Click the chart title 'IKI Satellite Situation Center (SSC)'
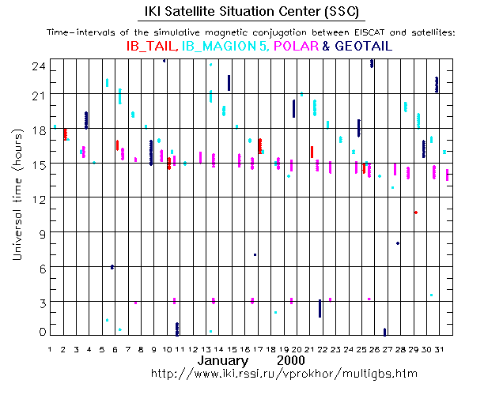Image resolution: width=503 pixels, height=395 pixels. (251, 13)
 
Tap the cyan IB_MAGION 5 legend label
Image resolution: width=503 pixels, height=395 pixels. (223, 47)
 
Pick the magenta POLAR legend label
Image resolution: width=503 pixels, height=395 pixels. (296, 47)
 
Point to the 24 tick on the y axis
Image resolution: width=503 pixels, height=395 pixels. (37, 68)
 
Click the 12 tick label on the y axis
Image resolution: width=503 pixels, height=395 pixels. (37, 197)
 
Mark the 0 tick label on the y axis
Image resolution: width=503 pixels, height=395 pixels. (40, 333)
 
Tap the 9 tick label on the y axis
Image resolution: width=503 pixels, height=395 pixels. (40, 232)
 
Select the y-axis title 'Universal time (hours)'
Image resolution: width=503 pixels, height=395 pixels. (16, 195)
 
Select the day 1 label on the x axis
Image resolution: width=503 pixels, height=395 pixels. (50, 348)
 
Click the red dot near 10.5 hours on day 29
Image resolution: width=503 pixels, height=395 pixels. (415, 213)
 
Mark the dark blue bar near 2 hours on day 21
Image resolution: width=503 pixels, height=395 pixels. (320, 308)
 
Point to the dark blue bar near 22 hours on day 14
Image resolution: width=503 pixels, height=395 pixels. (229, 83)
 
